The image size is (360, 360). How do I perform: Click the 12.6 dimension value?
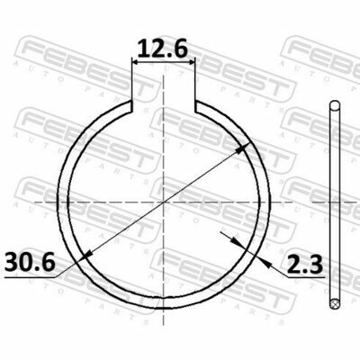(163, 49)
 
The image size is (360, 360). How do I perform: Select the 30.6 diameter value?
(30, 261)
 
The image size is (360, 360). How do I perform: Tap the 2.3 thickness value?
(304, 265)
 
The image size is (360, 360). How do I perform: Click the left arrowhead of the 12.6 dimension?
(137, 62)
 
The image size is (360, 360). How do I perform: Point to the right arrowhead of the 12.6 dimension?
(191, 62)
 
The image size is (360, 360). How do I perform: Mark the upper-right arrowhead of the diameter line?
(244, 148)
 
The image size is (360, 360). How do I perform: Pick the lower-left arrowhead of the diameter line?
(87, 255)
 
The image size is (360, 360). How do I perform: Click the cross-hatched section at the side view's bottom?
(335, 304)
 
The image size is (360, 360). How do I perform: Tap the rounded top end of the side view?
(335, 105)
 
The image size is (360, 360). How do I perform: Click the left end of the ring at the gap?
(131, 106)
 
